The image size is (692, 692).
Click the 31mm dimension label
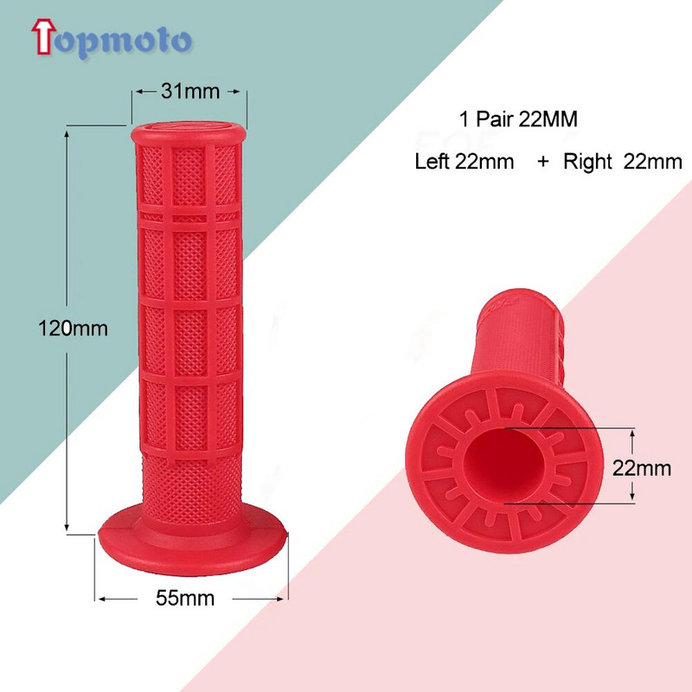point(189,89)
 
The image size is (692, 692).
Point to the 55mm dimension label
point(187,598)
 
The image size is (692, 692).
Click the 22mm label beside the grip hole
point(642,468)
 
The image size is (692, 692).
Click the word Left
point(432,161)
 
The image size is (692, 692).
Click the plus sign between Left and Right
point(542,161)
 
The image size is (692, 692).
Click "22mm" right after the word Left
point(484,161)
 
